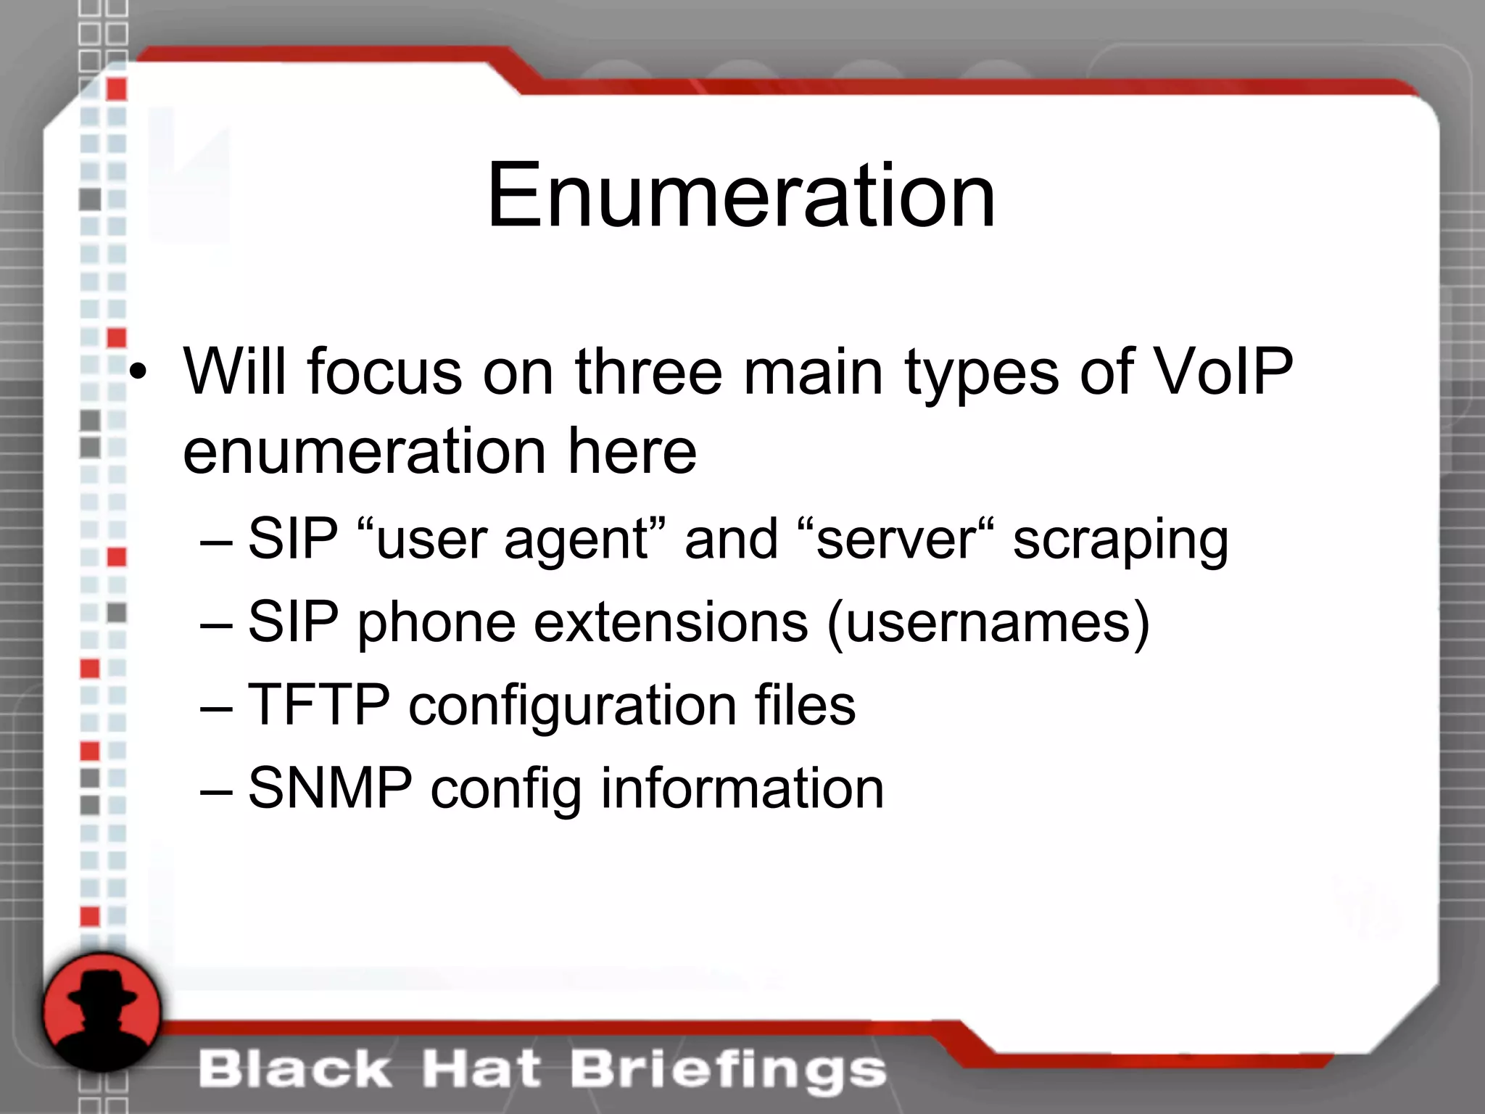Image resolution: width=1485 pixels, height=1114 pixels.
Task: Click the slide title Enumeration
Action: tap(741, 196)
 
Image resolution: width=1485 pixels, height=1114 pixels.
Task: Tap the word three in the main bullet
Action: tap(649, 371)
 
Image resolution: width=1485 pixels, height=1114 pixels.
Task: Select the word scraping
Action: tap(1120, 540)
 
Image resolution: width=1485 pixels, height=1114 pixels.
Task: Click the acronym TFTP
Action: tap(319, 705)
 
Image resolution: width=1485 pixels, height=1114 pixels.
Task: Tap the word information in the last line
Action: tap(742, 788)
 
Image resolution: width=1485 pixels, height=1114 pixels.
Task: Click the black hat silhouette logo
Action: tap(102, 1012)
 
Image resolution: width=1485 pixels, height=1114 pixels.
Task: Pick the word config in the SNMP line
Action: tap(505, 789)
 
